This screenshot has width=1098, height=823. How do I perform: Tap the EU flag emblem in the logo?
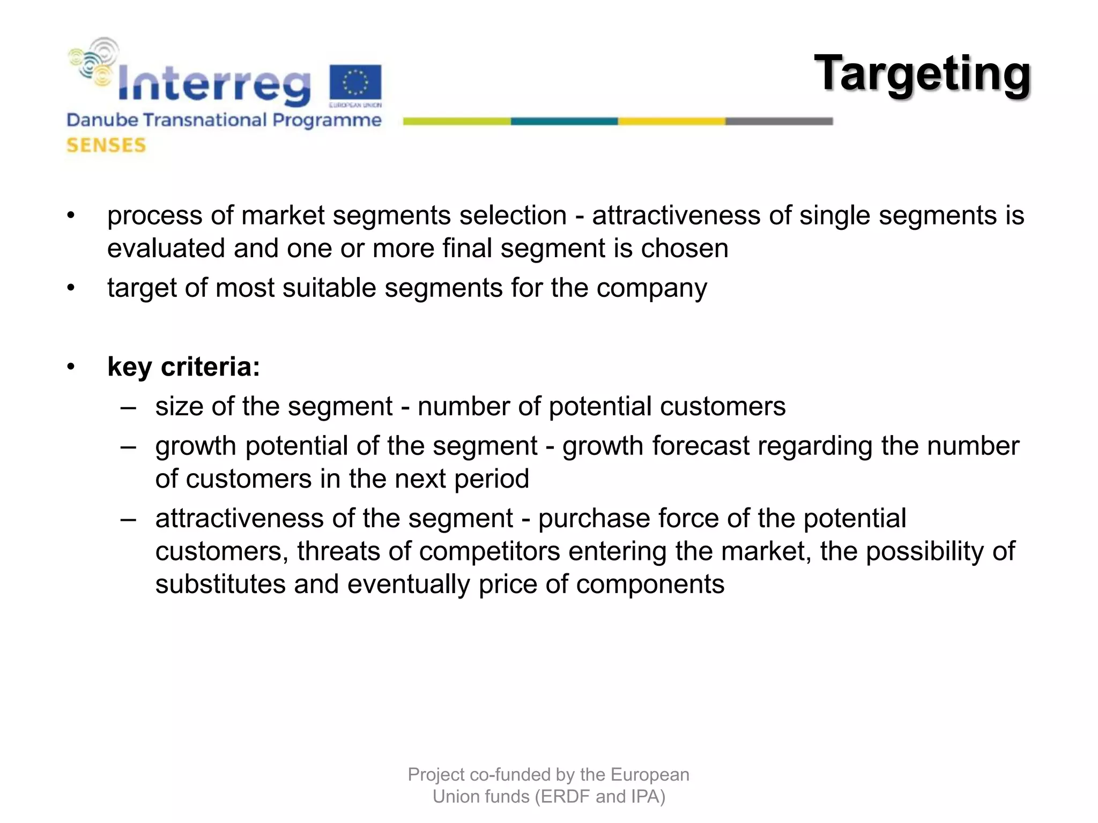[355, 84]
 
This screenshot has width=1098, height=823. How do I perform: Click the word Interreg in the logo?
[213, 84]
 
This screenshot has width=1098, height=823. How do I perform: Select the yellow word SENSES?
[106, 145]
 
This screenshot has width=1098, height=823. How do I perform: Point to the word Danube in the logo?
[102, 120]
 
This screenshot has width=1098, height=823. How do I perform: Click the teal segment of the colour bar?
[564, 122]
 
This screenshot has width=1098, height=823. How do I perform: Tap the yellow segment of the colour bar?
[671, 122]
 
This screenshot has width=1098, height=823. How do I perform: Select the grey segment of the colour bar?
[779, 122]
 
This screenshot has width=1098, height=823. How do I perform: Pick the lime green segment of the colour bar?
[457, 122]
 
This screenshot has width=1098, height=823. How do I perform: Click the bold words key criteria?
[183, 367]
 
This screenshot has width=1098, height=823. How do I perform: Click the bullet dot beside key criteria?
[71, 368]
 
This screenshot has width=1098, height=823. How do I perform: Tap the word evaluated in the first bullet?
[166, 249]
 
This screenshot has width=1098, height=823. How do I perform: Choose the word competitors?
[489, 551]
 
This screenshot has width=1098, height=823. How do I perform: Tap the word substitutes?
[220, 584]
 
